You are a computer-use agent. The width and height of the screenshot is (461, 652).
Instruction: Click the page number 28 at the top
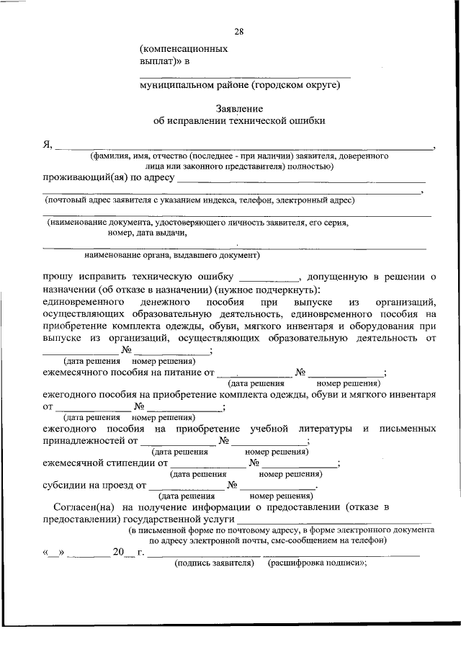coord(238,31)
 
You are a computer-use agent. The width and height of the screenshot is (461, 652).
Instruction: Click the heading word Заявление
coord(238,108)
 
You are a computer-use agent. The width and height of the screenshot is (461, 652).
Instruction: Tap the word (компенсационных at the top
coord(184,49)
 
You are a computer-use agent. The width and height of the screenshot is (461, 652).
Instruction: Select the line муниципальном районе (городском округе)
coord(239,85)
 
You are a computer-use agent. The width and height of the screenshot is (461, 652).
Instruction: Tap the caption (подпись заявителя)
coord(215,564)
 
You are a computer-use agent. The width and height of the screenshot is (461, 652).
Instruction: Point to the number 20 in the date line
coord(118,553)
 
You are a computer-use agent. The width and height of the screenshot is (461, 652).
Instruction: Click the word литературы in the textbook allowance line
coord(322,429)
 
